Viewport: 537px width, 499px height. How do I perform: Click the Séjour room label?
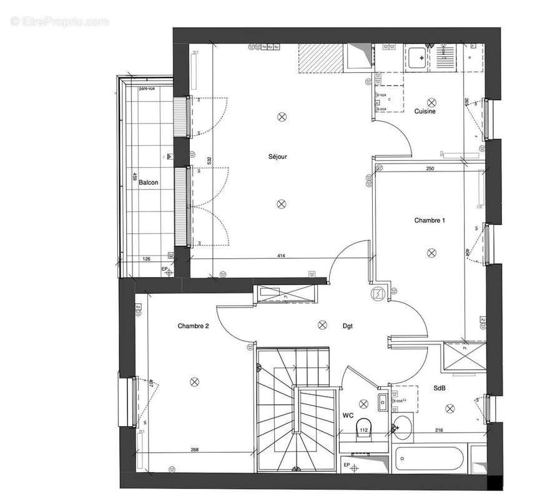278,157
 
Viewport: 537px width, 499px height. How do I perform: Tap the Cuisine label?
425,111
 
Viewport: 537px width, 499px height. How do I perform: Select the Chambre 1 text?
430,220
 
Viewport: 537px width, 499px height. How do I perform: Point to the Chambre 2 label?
193,326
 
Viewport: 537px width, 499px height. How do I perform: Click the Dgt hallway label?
348,326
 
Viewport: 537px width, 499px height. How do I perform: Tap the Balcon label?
149,183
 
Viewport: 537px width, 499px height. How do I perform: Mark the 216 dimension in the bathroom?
438,430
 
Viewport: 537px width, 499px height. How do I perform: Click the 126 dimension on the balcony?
147,259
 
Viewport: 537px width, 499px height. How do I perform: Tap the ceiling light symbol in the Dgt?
322,324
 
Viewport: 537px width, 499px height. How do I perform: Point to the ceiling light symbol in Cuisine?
431,101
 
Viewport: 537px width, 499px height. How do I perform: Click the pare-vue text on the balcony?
147,89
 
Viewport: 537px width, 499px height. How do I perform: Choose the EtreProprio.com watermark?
60,21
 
